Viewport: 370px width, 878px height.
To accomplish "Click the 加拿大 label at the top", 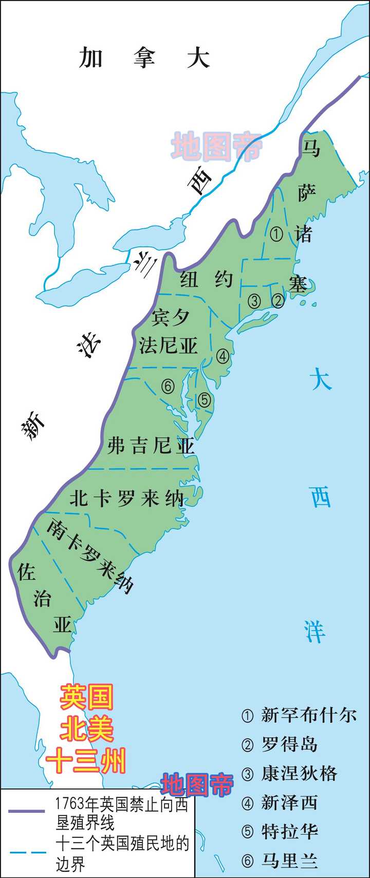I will coord(144,58).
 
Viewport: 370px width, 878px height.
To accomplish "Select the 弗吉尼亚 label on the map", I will coord(151,445).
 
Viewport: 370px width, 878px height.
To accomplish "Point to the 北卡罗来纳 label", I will coord(126,498).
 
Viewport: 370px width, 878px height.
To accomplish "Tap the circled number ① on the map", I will coord(276,235).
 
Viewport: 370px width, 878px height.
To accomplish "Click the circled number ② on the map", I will coord(278,300).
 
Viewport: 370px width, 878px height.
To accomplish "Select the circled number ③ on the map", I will coord(254,301).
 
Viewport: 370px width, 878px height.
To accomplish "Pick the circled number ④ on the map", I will coord(223,355).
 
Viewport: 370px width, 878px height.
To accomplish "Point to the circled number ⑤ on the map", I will coord(205,399).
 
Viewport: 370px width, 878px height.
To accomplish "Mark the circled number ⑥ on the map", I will coord(168,386).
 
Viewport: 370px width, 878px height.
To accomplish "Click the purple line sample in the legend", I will coord(26,811).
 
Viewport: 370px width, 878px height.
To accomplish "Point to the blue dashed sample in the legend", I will coord(26,852).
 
